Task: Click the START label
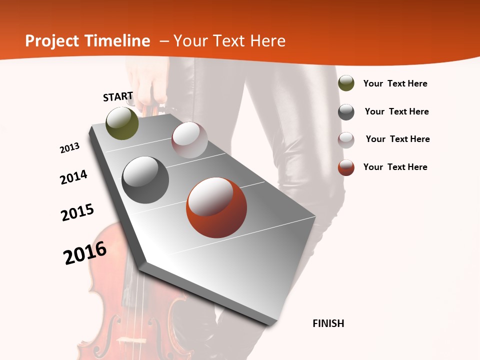coord(118,96)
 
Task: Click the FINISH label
coord(328,323)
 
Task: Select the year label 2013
coord(69,148)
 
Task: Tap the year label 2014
coord(73,177)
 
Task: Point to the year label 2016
coord(85,253)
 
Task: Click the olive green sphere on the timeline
coord(122,123)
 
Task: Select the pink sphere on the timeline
coord(189,140)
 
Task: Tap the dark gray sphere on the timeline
coord(145,180)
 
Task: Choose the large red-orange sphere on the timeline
coord(216,207)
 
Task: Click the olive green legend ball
coord(346,83)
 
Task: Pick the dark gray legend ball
coord(346,111)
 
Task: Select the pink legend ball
coord(346,139)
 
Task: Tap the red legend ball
coord(346,167)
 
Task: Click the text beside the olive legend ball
coord(395,84)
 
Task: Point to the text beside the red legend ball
coord(395,167)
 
